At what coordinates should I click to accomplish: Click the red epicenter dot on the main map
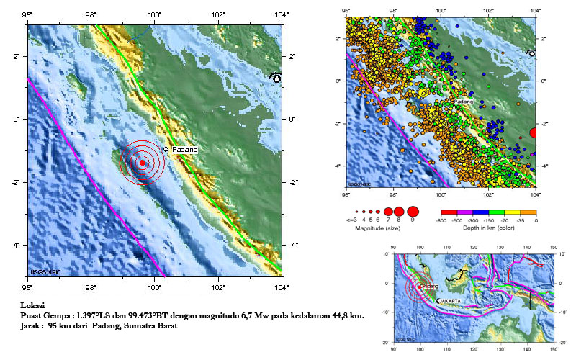tap(143, 163)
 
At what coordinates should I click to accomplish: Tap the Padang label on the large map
tap(184, 149)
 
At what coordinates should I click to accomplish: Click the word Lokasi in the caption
tap(33, 305)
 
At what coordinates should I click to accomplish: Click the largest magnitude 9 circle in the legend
tap(413, 211)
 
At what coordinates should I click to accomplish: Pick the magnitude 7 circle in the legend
tap(387, 211)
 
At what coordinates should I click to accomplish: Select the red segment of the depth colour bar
tap(447, 212)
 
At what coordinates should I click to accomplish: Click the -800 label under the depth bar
tap(440, 220)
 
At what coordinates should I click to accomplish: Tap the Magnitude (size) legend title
tap(378, 228)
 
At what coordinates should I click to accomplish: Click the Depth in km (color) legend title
tap(487, 228)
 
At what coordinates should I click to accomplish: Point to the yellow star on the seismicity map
tap(423, 92)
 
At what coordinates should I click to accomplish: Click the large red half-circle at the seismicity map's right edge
tap(533, 132)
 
